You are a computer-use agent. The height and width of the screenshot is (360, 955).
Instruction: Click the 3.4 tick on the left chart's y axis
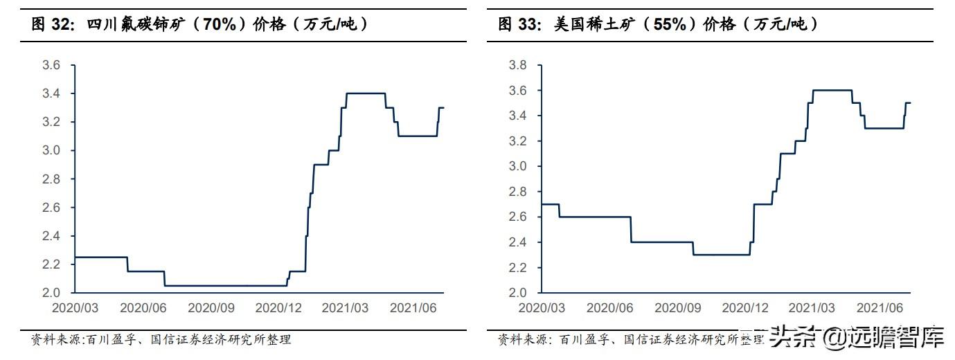click(51, 93)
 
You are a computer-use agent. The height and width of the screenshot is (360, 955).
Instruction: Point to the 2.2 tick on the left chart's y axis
click(51, 264)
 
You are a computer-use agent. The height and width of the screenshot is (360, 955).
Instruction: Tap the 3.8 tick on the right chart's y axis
click(517, 65)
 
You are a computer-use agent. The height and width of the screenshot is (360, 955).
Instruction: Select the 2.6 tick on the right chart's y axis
click(517, 217)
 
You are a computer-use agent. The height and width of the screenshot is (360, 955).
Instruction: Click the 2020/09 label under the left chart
click(211, 308)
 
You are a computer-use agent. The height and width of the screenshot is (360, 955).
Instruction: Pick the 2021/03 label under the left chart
click(345, 308)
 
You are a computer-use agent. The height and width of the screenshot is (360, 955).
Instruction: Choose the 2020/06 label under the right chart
click(609, 308)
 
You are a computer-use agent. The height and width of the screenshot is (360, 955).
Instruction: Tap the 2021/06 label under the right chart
click(880, 308)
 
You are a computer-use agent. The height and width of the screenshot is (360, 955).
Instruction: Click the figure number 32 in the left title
click(60, 24)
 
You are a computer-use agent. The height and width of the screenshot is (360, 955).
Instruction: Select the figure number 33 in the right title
click(528, 24)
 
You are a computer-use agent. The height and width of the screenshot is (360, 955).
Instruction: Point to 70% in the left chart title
click(220, 24)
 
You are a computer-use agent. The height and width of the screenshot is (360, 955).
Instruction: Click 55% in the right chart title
click(670, 24)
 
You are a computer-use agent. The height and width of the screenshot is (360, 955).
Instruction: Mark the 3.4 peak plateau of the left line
click(366, 93)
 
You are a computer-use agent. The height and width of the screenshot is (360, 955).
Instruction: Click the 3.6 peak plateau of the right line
click(832, 90)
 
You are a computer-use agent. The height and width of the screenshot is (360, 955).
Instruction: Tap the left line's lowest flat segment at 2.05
click(226, 285)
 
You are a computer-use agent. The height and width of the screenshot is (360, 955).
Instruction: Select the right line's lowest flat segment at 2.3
click(722, 255)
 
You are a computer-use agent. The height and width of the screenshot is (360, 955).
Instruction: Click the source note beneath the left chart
click(161, 339)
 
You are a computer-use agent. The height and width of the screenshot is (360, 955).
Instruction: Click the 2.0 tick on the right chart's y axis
click(517, 293)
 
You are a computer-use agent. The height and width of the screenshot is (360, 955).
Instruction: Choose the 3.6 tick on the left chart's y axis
click(51, 65)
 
